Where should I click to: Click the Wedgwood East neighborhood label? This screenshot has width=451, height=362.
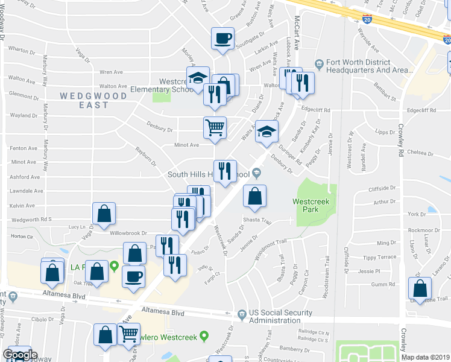93,100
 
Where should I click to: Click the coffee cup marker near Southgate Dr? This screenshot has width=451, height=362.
222,39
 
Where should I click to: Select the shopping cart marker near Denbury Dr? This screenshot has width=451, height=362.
215,128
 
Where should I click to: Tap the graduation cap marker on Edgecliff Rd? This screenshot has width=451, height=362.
266,132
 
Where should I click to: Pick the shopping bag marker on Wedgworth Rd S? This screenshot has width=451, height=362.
104,214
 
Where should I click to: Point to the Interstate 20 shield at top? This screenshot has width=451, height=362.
368,20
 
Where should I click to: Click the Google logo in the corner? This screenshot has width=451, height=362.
19,355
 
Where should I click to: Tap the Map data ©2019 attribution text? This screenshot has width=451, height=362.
426,357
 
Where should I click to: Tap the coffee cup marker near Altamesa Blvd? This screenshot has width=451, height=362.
133,276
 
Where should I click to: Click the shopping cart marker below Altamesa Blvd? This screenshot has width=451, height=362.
128,334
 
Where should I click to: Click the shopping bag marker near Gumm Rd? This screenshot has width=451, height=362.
418,288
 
